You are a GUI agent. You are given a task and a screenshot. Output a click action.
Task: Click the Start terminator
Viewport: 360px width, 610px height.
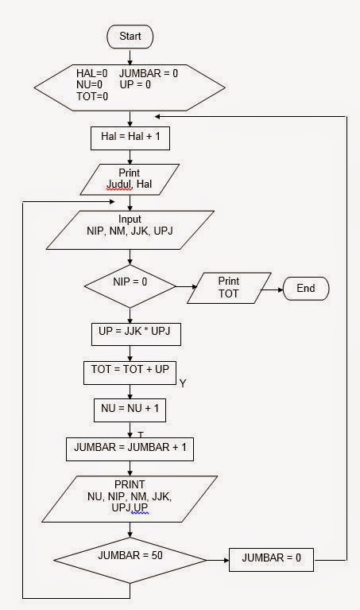[130, 37]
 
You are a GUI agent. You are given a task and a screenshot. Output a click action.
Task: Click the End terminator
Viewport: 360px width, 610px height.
[306, 289]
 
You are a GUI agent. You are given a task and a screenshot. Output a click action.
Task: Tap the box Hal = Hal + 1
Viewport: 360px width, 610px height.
[130, 138]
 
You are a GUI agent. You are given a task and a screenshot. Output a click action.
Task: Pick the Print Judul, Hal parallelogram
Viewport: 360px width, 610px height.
[130, 180]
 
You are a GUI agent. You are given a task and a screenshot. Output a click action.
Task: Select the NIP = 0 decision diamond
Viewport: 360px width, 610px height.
[130, 282]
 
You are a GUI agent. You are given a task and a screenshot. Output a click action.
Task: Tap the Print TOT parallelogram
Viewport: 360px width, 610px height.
[228, 288]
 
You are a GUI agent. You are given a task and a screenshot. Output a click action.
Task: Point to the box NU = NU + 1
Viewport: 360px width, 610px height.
[130, 410]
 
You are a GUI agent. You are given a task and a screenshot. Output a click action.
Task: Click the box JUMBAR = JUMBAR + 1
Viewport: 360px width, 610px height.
[130, 449]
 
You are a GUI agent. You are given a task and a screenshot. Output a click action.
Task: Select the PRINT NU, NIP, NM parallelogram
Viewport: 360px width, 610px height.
[130, 496]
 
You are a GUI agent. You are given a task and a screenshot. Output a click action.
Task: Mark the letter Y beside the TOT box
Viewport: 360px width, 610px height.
[182, 384]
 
